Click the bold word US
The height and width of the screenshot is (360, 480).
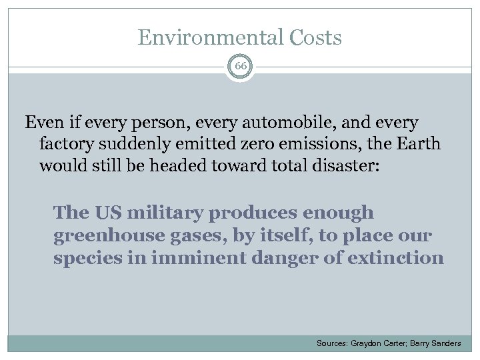coord(109,213)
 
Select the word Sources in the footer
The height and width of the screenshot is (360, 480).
coord(331,343)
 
